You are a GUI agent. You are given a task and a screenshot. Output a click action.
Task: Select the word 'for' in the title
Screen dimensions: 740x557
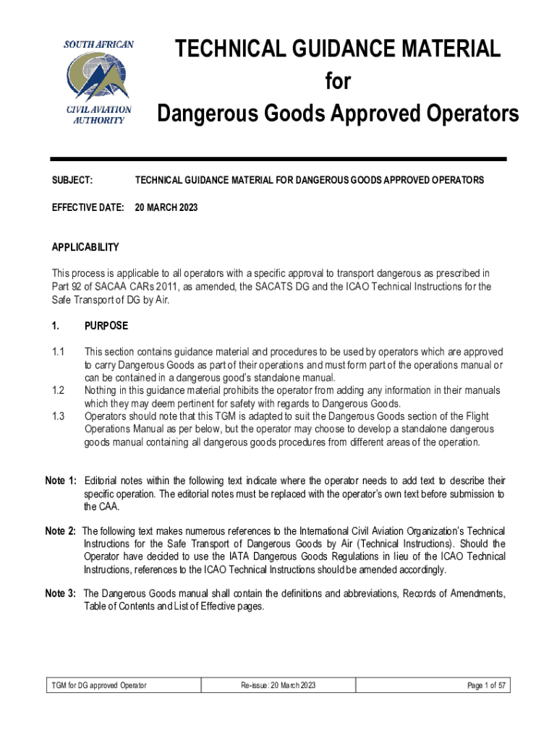point(338,82)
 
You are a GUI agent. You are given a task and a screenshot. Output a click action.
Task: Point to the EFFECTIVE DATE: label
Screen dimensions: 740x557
point(88,207)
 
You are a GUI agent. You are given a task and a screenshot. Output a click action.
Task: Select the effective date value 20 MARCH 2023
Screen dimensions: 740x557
point(166,207)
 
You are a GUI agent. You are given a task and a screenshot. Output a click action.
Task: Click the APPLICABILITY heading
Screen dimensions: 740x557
point(85,248)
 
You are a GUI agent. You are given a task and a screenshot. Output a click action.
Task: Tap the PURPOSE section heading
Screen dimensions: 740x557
point(106,326)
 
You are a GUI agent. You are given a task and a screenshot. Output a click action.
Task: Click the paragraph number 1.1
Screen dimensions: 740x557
point(59,352)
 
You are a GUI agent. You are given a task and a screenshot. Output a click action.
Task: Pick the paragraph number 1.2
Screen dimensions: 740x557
point(59,390)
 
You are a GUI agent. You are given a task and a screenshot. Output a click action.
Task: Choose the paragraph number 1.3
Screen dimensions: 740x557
point(59,416)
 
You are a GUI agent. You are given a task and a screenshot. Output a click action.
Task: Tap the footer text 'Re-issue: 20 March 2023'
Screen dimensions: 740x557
point(278,685)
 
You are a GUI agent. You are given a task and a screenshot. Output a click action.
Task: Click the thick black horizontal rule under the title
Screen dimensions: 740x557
point(278,159)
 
